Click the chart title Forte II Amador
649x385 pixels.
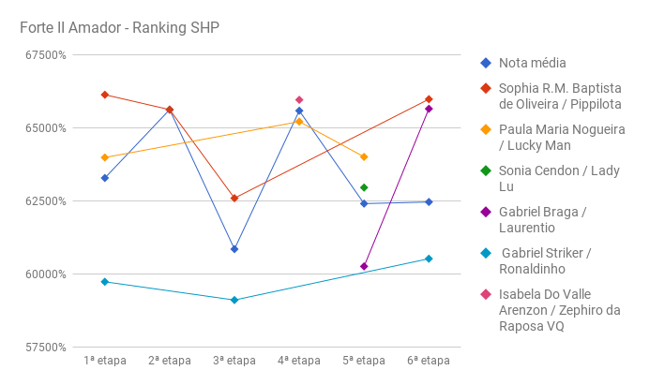click(119, 27)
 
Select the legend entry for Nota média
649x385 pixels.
click(532, 63)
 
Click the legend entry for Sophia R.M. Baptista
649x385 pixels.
click(559, 96)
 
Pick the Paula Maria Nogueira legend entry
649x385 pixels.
click(561, 137)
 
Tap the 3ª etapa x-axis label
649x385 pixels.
click(234, 360)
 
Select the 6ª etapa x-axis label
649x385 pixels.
click(429, 360)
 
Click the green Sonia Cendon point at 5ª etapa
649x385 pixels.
click(364, 187)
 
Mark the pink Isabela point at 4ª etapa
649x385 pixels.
click(299, 99)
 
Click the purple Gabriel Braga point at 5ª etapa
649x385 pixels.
click(364, 266)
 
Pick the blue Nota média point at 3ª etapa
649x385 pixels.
click(234, 249)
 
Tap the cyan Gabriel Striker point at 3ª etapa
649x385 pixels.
click(234, 300)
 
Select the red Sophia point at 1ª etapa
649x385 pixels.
click(105, 95)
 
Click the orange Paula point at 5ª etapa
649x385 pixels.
click(364, 156)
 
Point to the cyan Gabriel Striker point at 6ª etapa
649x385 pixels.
click(429, 259)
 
